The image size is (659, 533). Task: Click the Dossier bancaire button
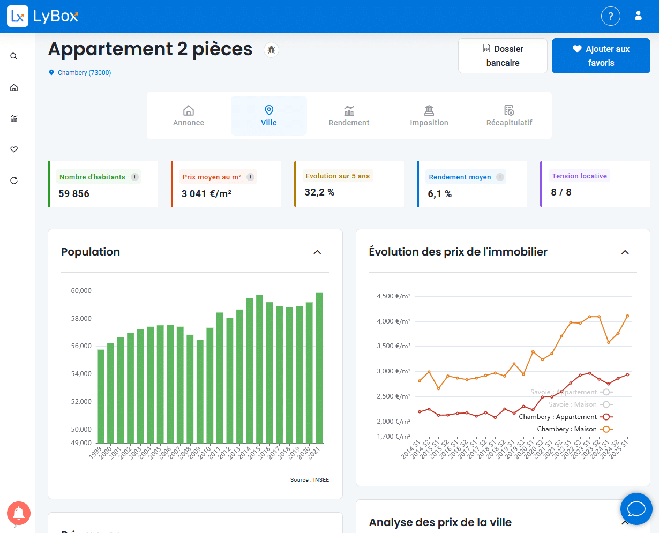[503, 56]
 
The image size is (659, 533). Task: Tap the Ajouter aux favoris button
[601, 56]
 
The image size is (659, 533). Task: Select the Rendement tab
[349, 116]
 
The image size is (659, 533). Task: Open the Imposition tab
[429, 116]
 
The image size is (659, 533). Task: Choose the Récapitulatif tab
[509, 116]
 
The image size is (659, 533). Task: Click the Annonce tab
[189, 116]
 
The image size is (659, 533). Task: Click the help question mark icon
[610, 16]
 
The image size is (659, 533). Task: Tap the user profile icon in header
[638, 16]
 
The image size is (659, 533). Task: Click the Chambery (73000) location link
[84, 73]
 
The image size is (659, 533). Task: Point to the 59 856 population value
[74, 194]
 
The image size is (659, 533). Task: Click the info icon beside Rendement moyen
[500, 177]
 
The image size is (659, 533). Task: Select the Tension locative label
[579, 176]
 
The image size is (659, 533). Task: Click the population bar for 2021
[319, 368]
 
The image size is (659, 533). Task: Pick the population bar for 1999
[101, 396]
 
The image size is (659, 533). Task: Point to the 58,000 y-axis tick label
[81, 319]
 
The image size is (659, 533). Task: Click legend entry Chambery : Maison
[567, 429]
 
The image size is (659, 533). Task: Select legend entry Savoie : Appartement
[564, 392]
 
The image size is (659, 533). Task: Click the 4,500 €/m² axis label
[393, 296]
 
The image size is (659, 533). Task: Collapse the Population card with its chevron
[317, 252]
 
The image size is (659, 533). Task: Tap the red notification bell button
[19, 513]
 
